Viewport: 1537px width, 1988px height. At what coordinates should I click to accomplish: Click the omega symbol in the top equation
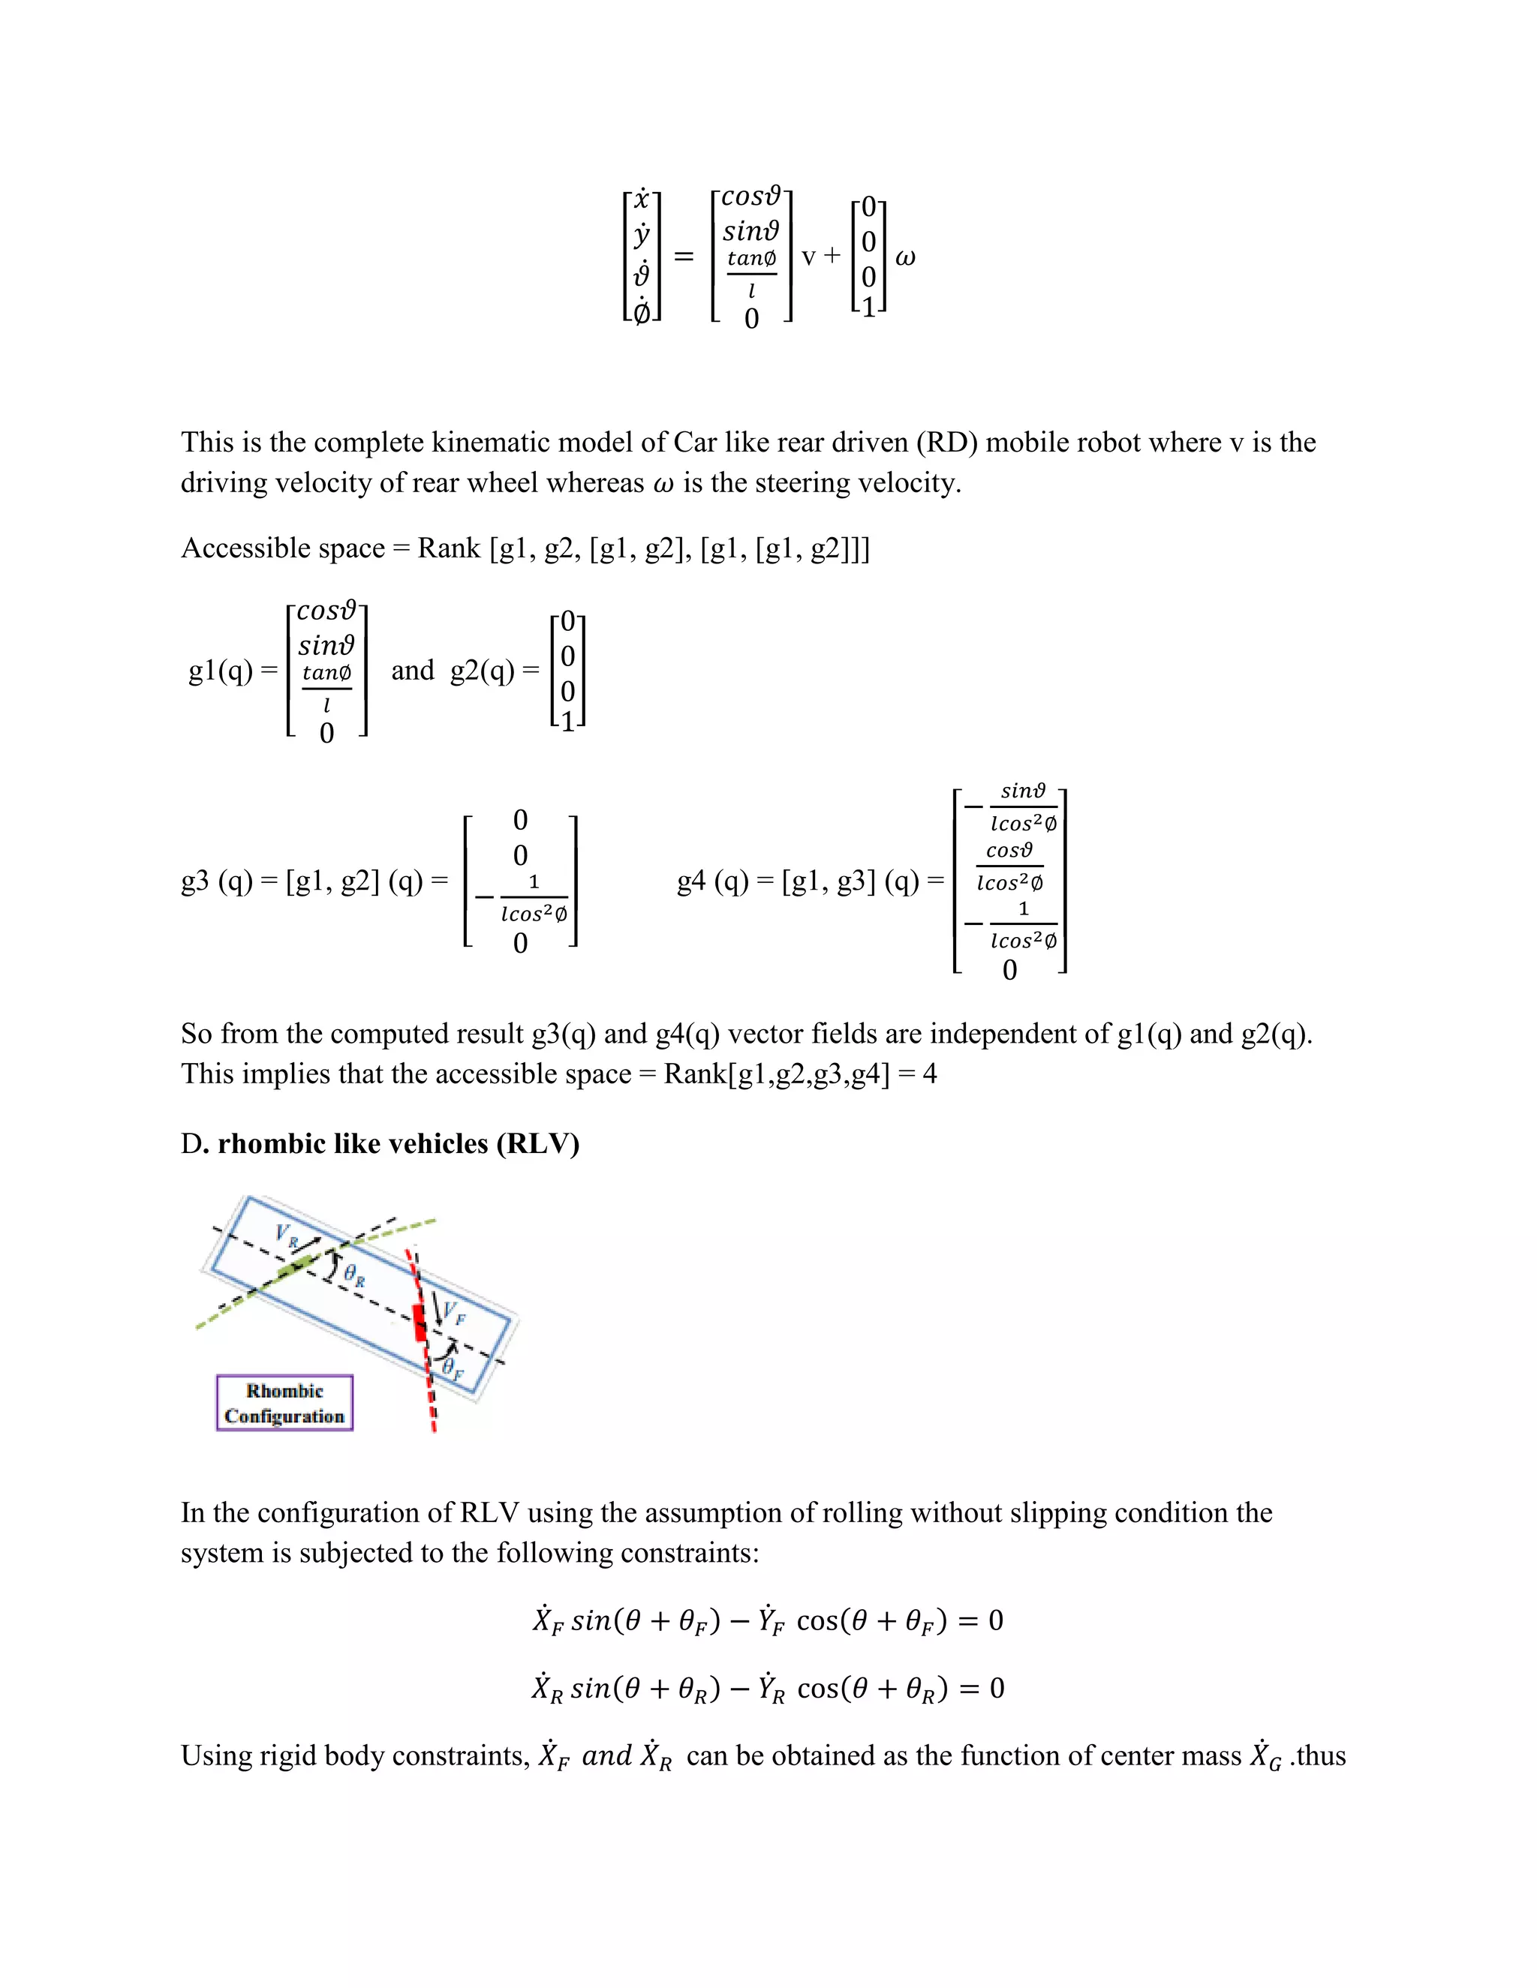click(904, 257)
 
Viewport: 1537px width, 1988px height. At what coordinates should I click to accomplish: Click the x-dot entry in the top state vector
click(642, 199)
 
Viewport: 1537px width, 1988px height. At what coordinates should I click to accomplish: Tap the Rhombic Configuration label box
click(284, 1403)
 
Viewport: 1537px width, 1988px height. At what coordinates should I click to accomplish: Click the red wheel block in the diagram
click(420, 1322)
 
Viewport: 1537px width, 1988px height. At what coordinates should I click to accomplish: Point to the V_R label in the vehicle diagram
click(286, 1236)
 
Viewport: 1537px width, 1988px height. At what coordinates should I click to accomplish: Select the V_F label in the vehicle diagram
click(453, 1313)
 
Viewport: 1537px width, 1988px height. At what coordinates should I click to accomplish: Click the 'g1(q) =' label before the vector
click(232, 671)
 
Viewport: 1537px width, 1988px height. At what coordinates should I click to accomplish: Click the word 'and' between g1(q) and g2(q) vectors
click(413, 671)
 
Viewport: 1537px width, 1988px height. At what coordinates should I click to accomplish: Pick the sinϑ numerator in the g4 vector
click(1023, 790)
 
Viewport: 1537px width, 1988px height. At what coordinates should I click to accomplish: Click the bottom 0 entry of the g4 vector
click(1010, 970)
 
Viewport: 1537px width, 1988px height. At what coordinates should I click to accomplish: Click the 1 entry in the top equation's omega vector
click(868, 308)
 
